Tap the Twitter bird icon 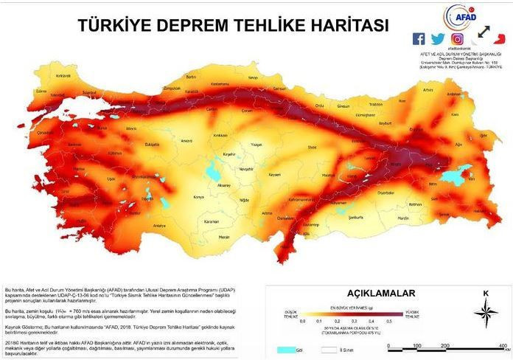coord(439,39)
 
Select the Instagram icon coord(458,39)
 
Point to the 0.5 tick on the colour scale coord(382,321)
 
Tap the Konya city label coord(198,197)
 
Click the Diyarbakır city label coord(386,193)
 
